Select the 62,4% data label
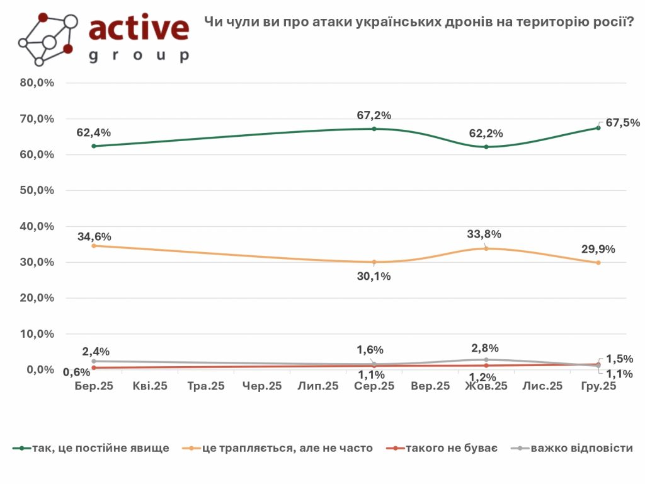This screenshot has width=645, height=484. click(x=94, y=132)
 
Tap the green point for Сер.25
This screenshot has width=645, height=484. click(x=374, y=129)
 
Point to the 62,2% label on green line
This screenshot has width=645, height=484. click(x=486, y=134)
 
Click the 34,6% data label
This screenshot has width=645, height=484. click(x=94, y=237)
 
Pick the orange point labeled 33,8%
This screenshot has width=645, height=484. click(x=486, y=248)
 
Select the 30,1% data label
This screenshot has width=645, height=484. click(x=374, y=275)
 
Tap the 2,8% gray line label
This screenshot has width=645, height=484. click(x=486, y=347)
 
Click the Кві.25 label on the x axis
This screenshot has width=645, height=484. click(x=150, y=386)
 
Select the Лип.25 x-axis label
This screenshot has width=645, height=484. click(x=318, y=386)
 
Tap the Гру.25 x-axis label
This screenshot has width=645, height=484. click(x=598, y=386)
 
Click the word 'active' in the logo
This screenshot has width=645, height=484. click(x=139, y=28)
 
